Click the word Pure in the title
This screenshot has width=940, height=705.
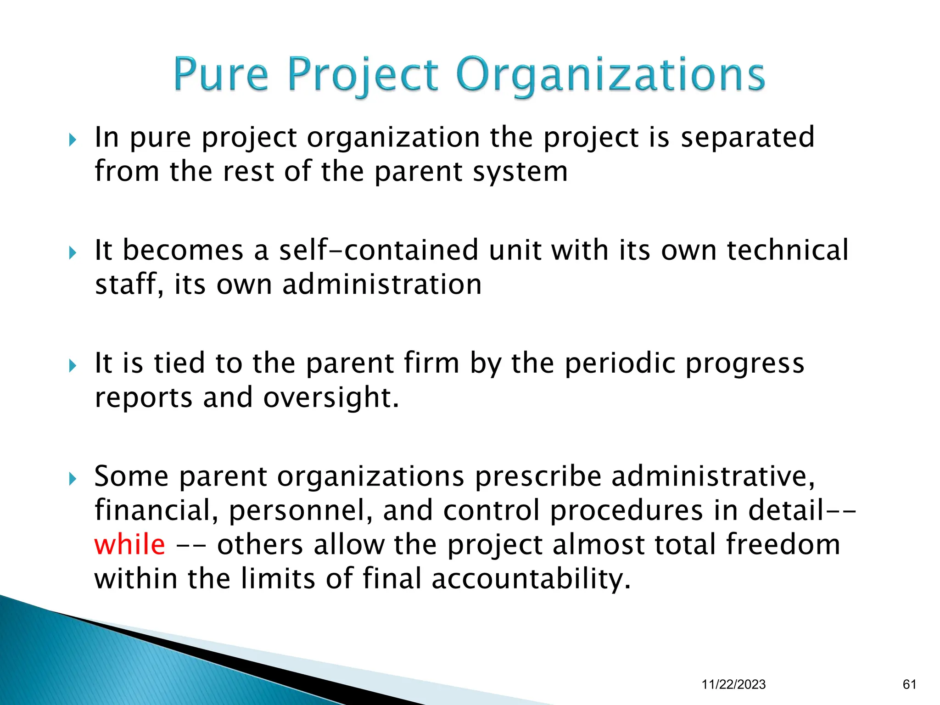coord(220,75)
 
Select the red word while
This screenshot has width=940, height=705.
coord(129,545)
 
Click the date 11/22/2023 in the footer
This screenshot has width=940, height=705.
coord(733,684)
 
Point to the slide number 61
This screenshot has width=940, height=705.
coord(909,684)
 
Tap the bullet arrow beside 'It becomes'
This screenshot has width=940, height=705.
coord(73,252)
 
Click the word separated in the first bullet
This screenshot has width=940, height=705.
coord(747,137)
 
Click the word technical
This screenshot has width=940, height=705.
coord(788,251)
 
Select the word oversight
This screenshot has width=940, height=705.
coord(331,397)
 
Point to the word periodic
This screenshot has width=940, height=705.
coord(620,364)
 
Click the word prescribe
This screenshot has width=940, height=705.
coord(537,477)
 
